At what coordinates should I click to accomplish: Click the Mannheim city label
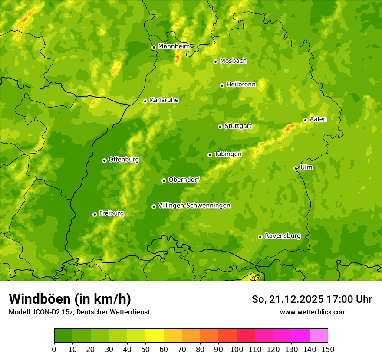pyautogui.click(x=174, y=46)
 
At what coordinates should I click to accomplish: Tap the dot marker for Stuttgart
pyautogui.click(x=220, y=127)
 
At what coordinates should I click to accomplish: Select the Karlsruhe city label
pyautogui.click(x=164, y=100)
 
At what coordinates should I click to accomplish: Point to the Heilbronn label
pyautogui.click(x=241, y=84)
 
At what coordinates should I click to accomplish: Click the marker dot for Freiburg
pyautogui.click(x=95, y=214)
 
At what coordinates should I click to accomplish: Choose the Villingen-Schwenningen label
pyautogui.click(x=194, y=205)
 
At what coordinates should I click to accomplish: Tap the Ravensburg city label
pyautogui.click(x=282, y=236)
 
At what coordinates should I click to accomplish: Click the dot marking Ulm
pyautogui.click(x=296, y=168)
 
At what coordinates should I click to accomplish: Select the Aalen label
pyautogui.click(x=318, y=119)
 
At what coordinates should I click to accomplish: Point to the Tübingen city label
pyautogui.click(x=227, y=154)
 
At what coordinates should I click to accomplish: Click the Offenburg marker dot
pyautogui.click(x=104, y=160)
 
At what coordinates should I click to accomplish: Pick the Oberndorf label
pyautogui.click(x=184, y=179)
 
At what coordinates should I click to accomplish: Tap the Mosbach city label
pyautogui.click(x=233, y=61)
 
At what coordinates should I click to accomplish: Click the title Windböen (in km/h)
pyautogui.click(x=69, y=299)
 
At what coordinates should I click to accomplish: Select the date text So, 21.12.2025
pyautogui.click(x=288, y=299)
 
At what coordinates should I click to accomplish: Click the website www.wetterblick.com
pyautogui.click(x=313, y=312)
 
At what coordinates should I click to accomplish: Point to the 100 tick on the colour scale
pyautogui.click(x=237, y=350)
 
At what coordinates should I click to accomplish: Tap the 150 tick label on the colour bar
pyautogui.click(x=328, y=350)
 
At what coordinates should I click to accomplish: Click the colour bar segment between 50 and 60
pyautogui.click(x=155, y=336)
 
